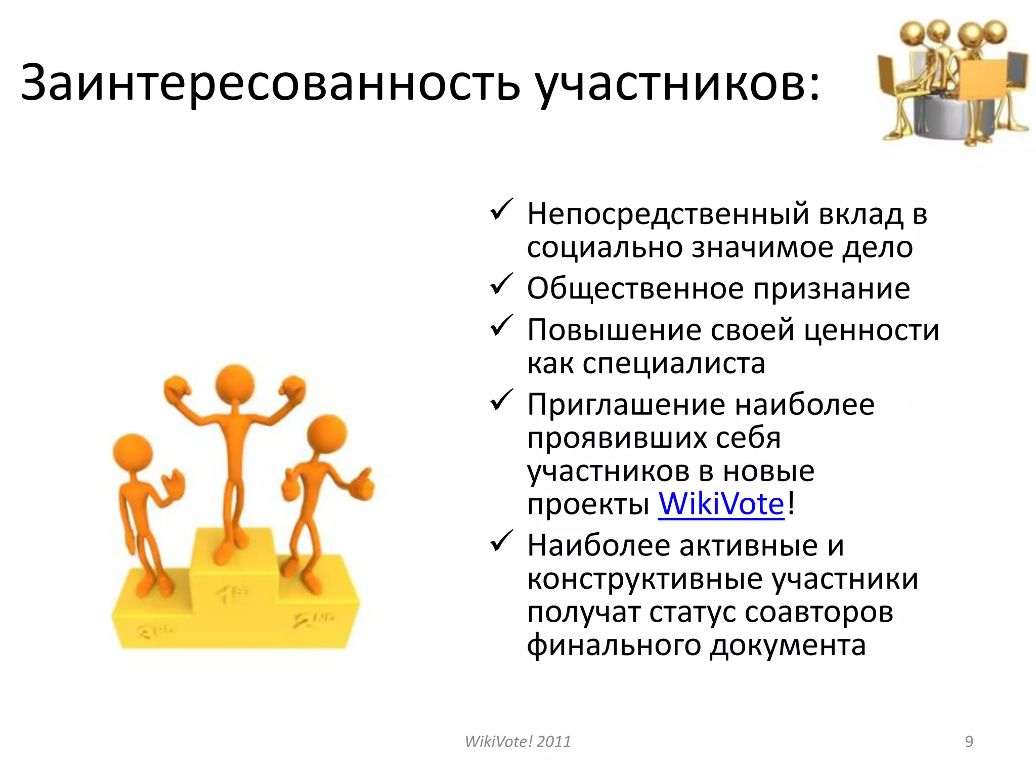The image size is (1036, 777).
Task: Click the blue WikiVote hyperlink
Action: pyautogui.click(x=721, y=504)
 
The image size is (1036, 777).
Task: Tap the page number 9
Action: pyautogui.click(x=969, y=742)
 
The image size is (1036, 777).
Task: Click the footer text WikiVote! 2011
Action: pyautogui.click(x=517, y=742)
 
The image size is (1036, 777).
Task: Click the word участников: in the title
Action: pyautogui.click(x=678, y=82)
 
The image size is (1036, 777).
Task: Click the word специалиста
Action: pyautogui.click(x=674, y=363)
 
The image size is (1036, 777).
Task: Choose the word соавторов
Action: pyautogui.click(x=819, y=612)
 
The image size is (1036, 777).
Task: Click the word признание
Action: pyautogui.click(x=832, y=289)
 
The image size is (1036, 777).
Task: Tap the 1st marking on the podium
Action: pyautogui.click(x=232, y=593)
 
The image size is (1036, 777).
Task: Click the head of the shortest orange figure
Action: pyautogui.click(x=133, y=453)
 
